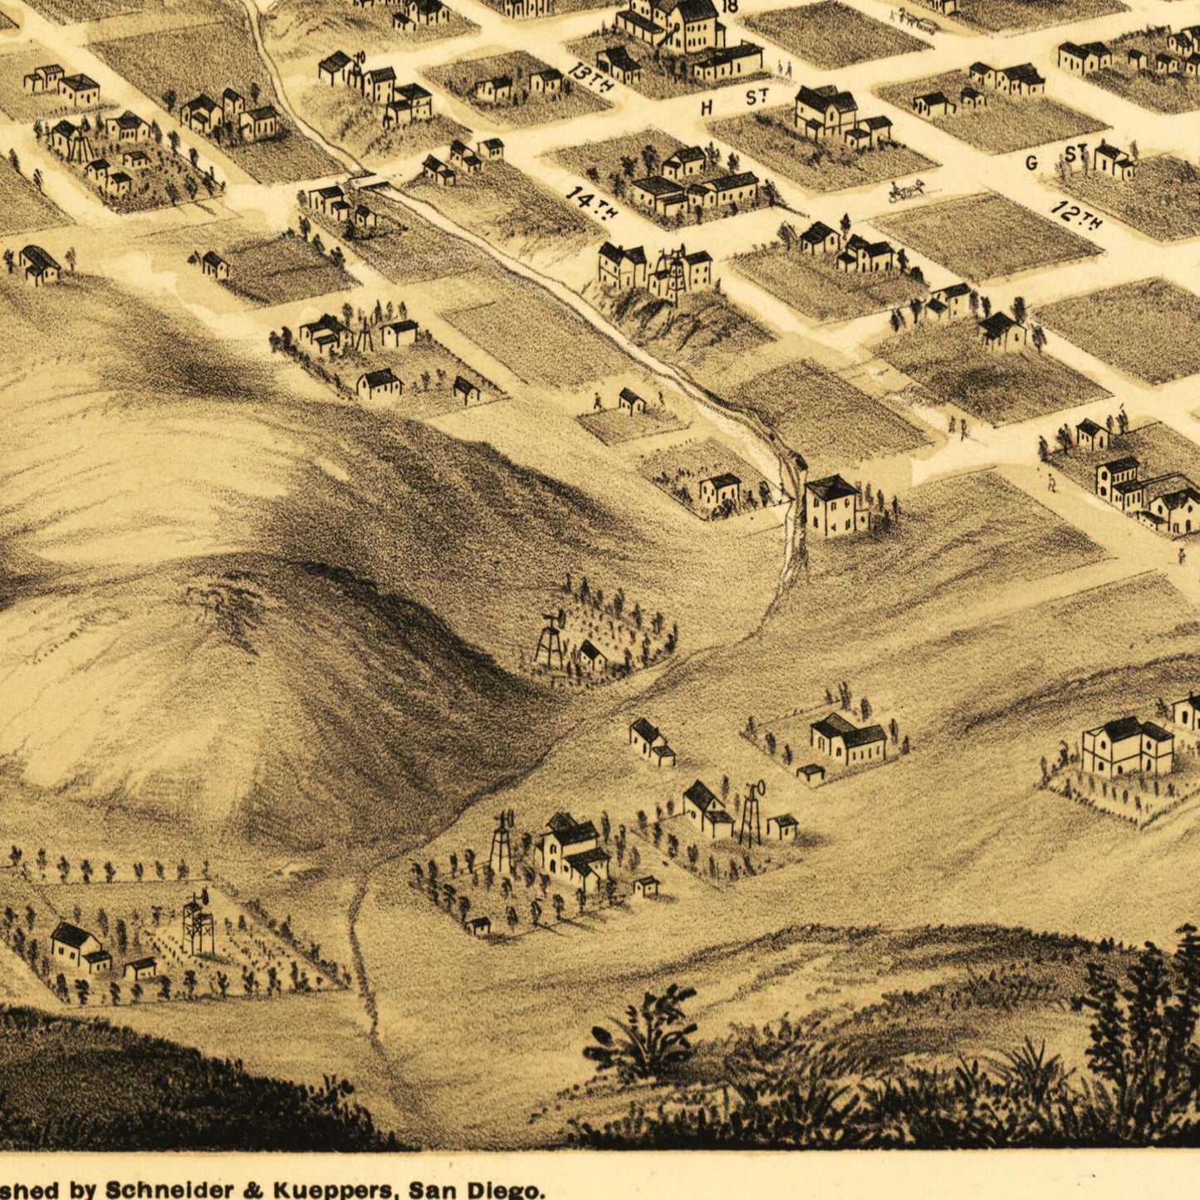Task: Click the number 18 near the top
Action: (x=730, y=7)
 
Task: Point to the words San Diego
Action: (x=470, y=1188)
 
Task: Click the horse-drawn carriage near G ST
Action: (x=906, y=190)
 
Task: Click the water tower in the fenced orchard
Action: (x=198, y=923)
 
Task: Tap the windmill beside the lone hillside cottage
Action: (x=550, y=639)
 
